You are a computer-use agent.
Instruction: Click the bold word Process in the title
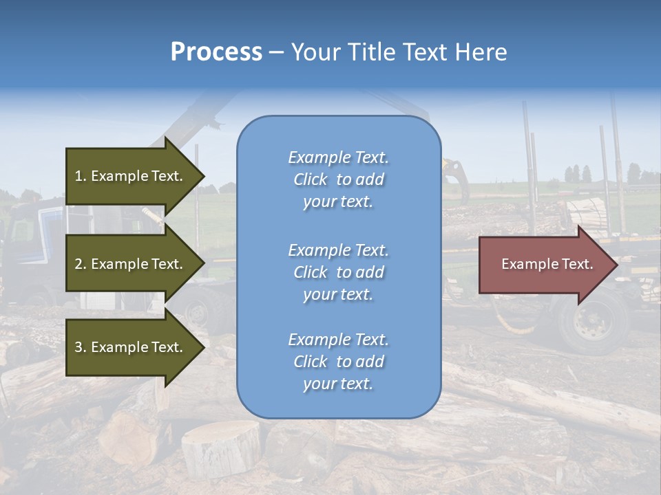click(216, 52)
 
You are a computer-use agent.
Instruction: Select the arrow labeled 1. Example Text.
click(131, 176)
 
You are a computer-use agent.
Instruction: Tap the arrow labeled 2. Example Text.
click(131, 264)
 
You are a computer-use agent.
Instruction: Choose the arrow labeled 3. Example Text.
click(131, 347)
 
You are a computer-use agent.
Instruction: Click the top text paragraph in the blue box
click(339, 179)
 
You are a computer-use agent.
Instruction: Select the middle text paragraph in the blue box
click(339, 272)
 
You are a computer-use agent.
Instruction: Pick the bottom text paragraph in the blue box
click(339, 362)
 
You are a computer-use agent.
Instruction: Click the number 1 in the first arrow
click(78, 176)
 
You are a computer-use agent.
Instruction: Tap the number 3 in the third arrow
click(78, 347)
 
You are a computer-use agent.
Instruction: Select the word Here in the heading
click(482, 52)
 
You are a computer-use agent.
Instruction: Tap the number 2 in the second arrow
click(78, 264)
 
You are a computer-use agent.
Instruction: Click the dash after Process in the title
click(276, 53)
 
